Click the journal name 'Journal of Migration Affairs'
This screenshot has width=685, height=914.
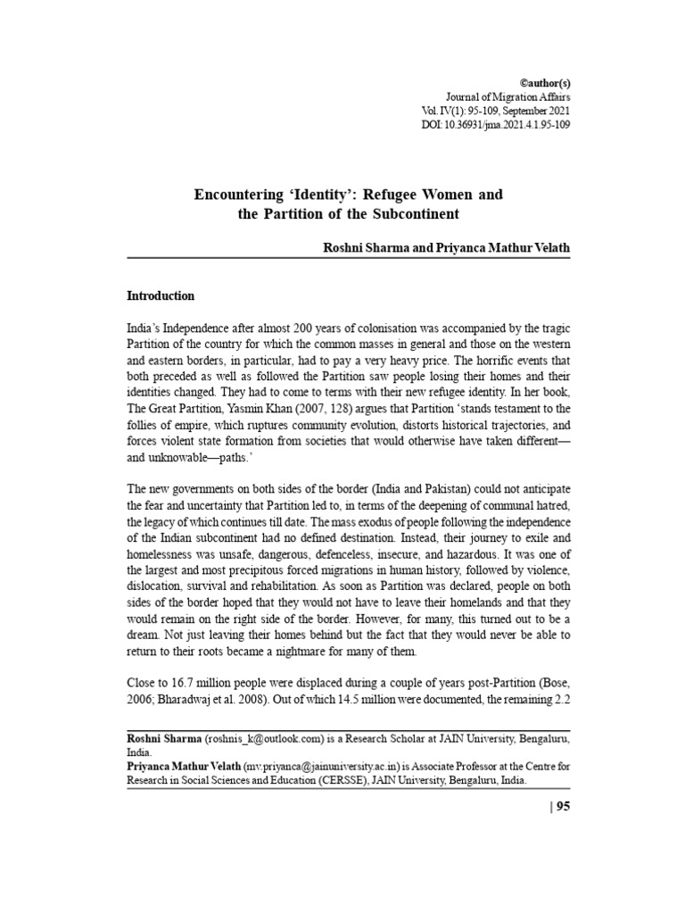click(508, 96)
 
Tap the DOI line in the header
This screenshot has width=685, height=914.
click(496, 125)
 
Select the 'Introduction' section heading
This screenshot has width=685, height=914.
click(161, 295)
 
